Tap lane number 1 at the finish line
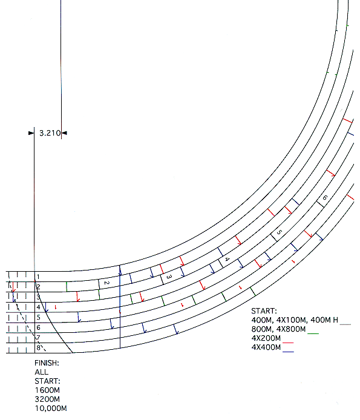click(x=38, y=277)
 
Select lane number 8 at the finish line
click(x=38, y=347)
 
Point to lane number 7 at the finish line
click(x=38, y=337)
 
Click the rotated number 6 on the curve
click(x=325, y=198)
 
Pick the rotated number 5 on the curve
click(x=279, y=232)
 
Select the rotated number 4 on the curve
click(x=227, y=259)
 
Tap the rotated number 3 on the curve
click(x=169, y=277)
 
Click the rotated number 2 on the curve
click(x=106, y=283)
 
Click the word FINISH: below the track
click(x=47, y=363)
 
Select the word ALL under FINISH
click(x=41, y=372)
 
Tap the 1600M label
click(x=47, y=390)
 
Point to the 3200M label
click(x=47, y=399)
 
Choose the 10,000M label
click(x=51, y=409)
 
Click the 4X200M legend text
click(x=266, y=338)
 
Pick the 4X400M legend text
click(x=266, y=347)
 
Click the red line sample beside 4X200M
click(x=289, y=343)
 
